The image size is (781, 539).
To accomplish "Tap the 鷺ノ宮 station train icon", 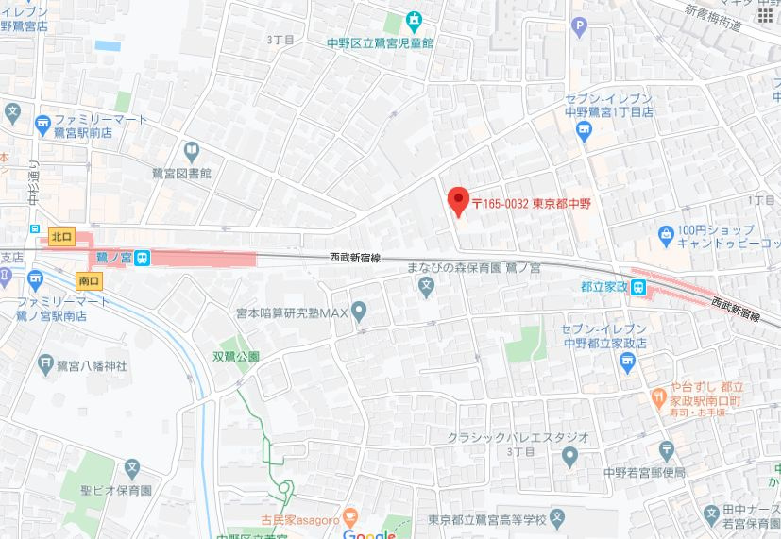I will tap(141, 256).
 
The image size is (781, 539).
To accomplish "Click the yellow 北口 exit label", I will tap(62, 236).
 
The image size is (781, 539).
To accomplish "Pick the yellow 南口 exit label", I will tap(89, 280).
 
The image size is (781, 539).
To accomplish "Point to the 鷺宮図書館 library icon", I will tap(192, 151).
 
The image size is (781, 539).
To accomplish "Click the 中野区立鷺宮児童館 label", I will tap(379, 42).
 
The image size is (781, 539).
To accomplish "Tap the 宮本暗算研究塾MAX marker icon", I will tap(359, 311).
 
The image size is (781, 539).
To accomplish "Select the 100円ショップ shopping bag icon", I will tap(667, 230).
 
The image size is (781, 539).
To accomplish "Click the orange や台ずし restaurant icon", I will tap(659, 393).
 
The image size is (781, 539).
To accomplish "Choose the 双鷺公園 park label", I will tap(236, 357).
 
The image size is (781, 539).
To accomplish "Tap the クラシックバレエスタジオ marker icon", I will tap(569, 458).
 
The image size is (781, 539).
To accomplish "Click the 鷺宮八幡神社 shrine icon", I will tap(45, 362).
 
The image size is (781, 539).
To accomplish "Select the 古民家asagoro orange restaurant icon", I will tap(350, 516).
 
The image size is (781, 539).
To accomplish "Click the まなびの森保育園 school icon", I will tap(427, 285).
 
